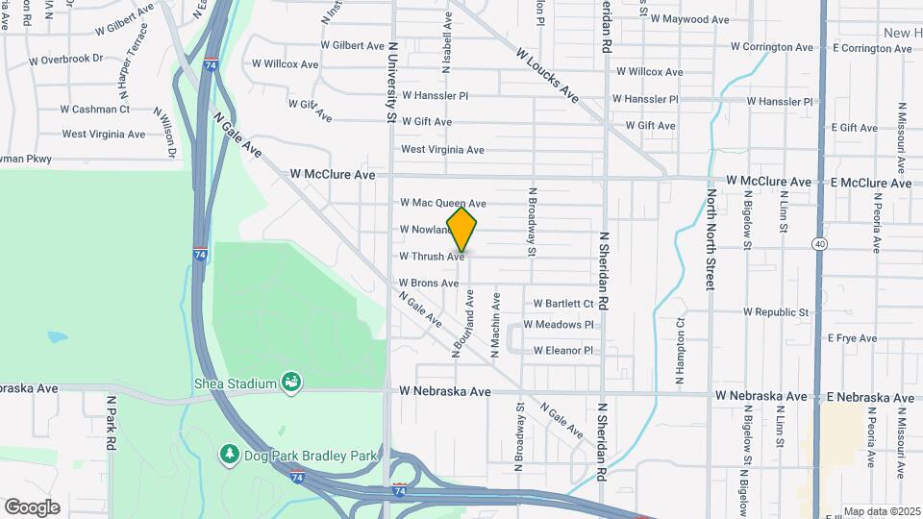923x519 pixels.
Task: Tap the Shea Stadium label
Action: [x=236, y=383]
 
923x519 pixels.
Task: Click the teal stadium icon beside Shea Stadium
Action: [x=290, y=383]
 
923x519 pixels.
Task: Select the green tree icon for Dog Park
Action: [x=229, y=452]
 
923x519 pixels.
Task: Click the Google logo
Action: [x=32, y=507]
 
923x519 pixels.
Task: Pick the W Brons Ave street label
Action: [x=429, y=284]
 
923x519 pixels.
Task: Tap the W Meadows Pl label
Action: [x=559, y=325]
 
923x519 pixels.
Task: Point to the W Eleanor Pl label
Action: [x=563, y=351]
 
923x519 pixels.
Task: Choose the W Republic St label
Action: [x=777, y=312]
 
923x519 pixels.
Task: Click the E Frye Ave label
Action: [x=852, y=338]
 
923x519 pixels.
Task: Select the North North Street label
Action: [x=711, y=238]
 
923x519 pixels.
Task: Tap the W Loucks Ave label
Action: [x=547, y=76]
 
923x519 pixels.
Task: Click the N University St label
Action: [x=392, y=82]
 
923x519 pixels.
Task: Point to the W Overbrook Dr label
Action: [x=59, y=58]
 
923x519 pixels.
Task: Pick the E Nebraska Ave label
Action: [x=870, y=397]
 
